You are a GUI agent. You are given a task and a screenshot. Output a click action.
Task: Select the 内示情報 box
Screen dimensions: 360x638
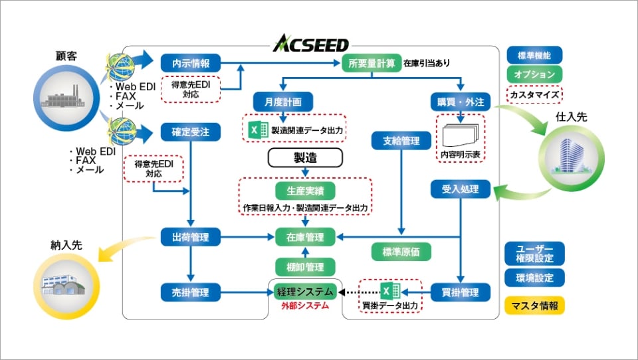(x=190, y=63)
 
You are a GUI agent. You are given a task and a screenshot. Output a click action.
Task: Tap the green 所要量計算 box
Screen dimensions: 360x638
(x=372, y=63)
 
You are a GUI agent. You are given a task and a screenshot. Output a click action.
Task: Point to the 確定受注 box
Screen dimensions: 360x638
(x=190, y=132)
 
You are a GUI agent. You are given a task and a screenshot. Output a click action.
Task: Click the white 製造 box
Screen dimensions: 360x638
(x=305, y=157)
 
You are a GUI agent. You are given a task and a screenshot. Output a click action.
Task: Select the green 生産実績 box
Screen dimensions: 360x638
(x=305, y=189)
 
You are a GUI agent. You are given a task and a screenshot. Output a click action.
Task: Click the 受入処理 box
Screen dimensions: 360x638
(x=461, y=189)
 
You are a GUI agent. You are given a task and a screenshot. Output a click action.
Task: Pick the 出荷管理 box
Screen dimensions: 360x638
(x=190, y=236)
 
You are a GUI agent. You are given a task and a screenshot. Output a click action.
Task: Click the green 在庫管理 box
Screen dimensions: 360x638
(x=305, y=236)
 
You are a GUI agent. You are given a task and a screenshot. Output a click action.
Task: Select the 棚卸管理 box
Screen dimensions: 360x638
(x=305, y=267)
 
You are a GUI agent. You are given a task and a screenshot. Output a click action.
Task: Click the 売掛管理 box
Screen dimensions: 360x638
(x=190, y=292)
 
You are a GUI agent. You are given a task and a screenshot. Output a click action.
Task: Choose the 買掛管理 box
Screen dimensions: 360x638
(x=461, y=292)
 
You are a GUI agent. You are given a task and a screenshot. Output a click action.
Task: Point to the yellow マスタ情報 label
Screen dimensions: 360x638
(x=534, y=306)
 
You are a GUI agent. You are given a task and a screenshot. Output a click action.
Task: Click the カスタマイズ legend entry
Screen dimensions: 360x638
(x=534, y=95)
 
